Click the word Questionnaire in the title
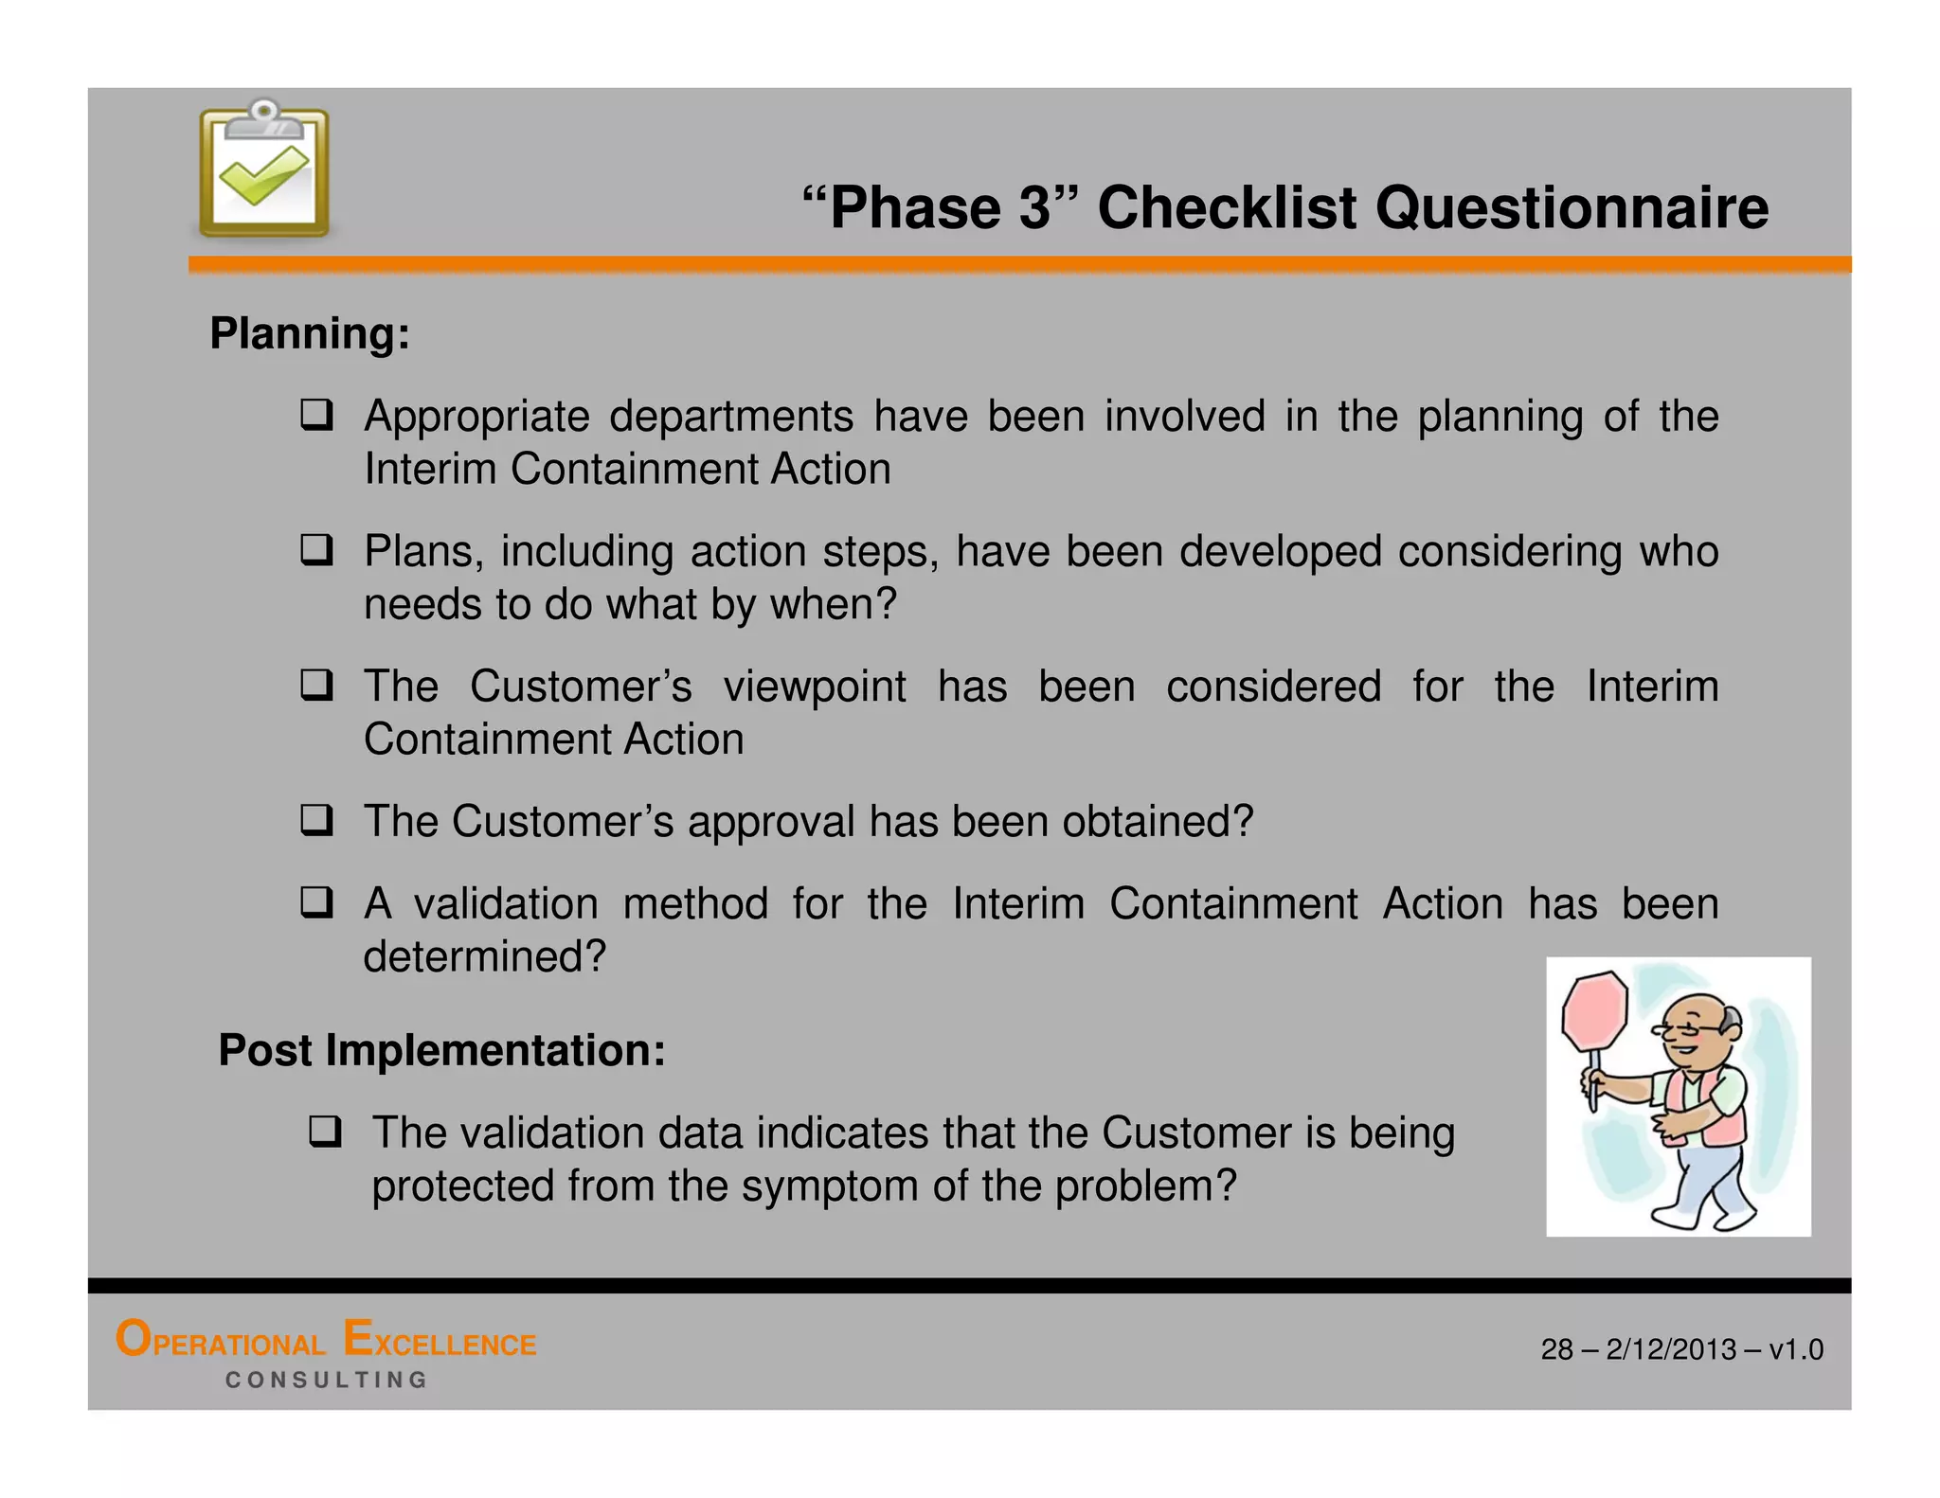coord(1572,207)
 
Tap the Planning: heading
coord(310,334)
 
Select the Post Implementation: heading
coord(441,1050)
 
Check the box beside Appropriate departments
coord(316,416)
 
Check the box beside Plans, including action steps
coord(316,550)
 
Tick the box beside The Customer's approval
coord(316,820)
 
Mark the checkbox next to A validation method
coord(316,902)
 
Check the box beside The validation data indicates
coord(324,1132)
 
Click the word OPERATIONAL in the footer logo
coord(220,1342)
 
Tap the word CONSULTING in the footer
coord(327,1381)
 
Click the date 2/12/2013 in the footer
coord(1671,1349)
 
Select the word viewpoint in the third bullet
coord(815,687)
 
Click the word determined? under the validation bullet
coord(484,956)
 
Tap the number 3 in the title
coord(1035,207)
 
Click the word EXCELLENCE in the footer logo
coord(440,1342)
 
